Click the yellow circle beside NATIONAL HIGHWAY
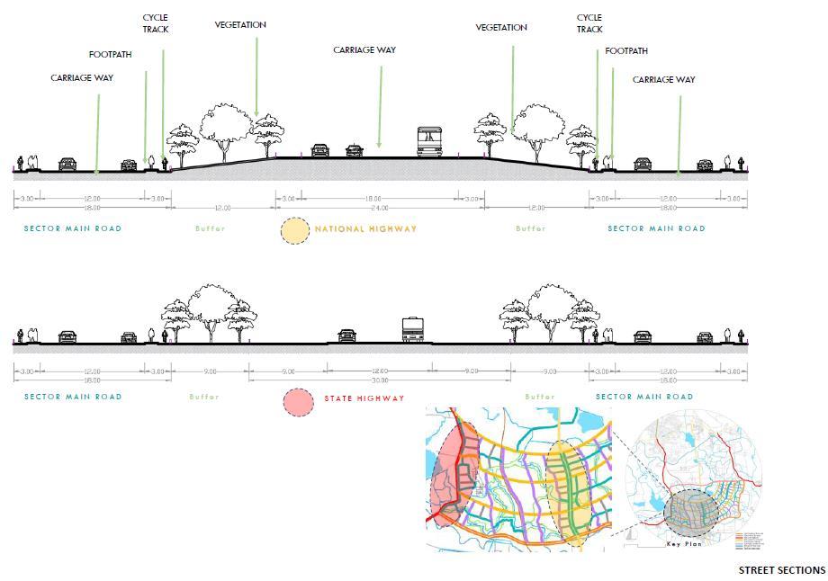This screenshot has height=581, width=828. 293,231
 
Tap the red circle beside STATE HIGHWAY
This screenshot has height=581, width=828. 299,401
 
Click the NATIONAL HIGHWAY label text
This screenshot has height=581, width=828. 365,229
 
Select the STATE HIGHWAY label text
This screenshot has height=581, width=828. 364,398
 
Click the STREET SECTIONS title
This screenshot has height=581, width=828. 781,570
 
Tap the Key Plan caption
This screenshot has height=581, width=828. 683,545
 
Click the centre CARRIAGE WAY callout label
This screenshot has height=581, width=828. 364,50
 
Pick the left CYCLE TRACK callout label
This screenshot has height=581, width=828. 155,23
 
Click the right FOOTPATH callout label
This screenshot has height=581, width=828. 626,51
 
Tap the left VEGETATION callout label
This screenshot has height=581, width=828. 240,25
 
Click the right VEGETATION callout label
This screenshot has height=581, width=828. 501,28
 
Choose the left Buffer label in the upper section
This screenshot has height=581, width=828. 210,229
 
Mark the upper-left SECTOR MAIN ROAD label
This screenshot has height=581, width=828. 73,228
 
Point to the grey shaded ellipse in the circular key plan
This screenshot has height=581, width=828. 693,514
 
